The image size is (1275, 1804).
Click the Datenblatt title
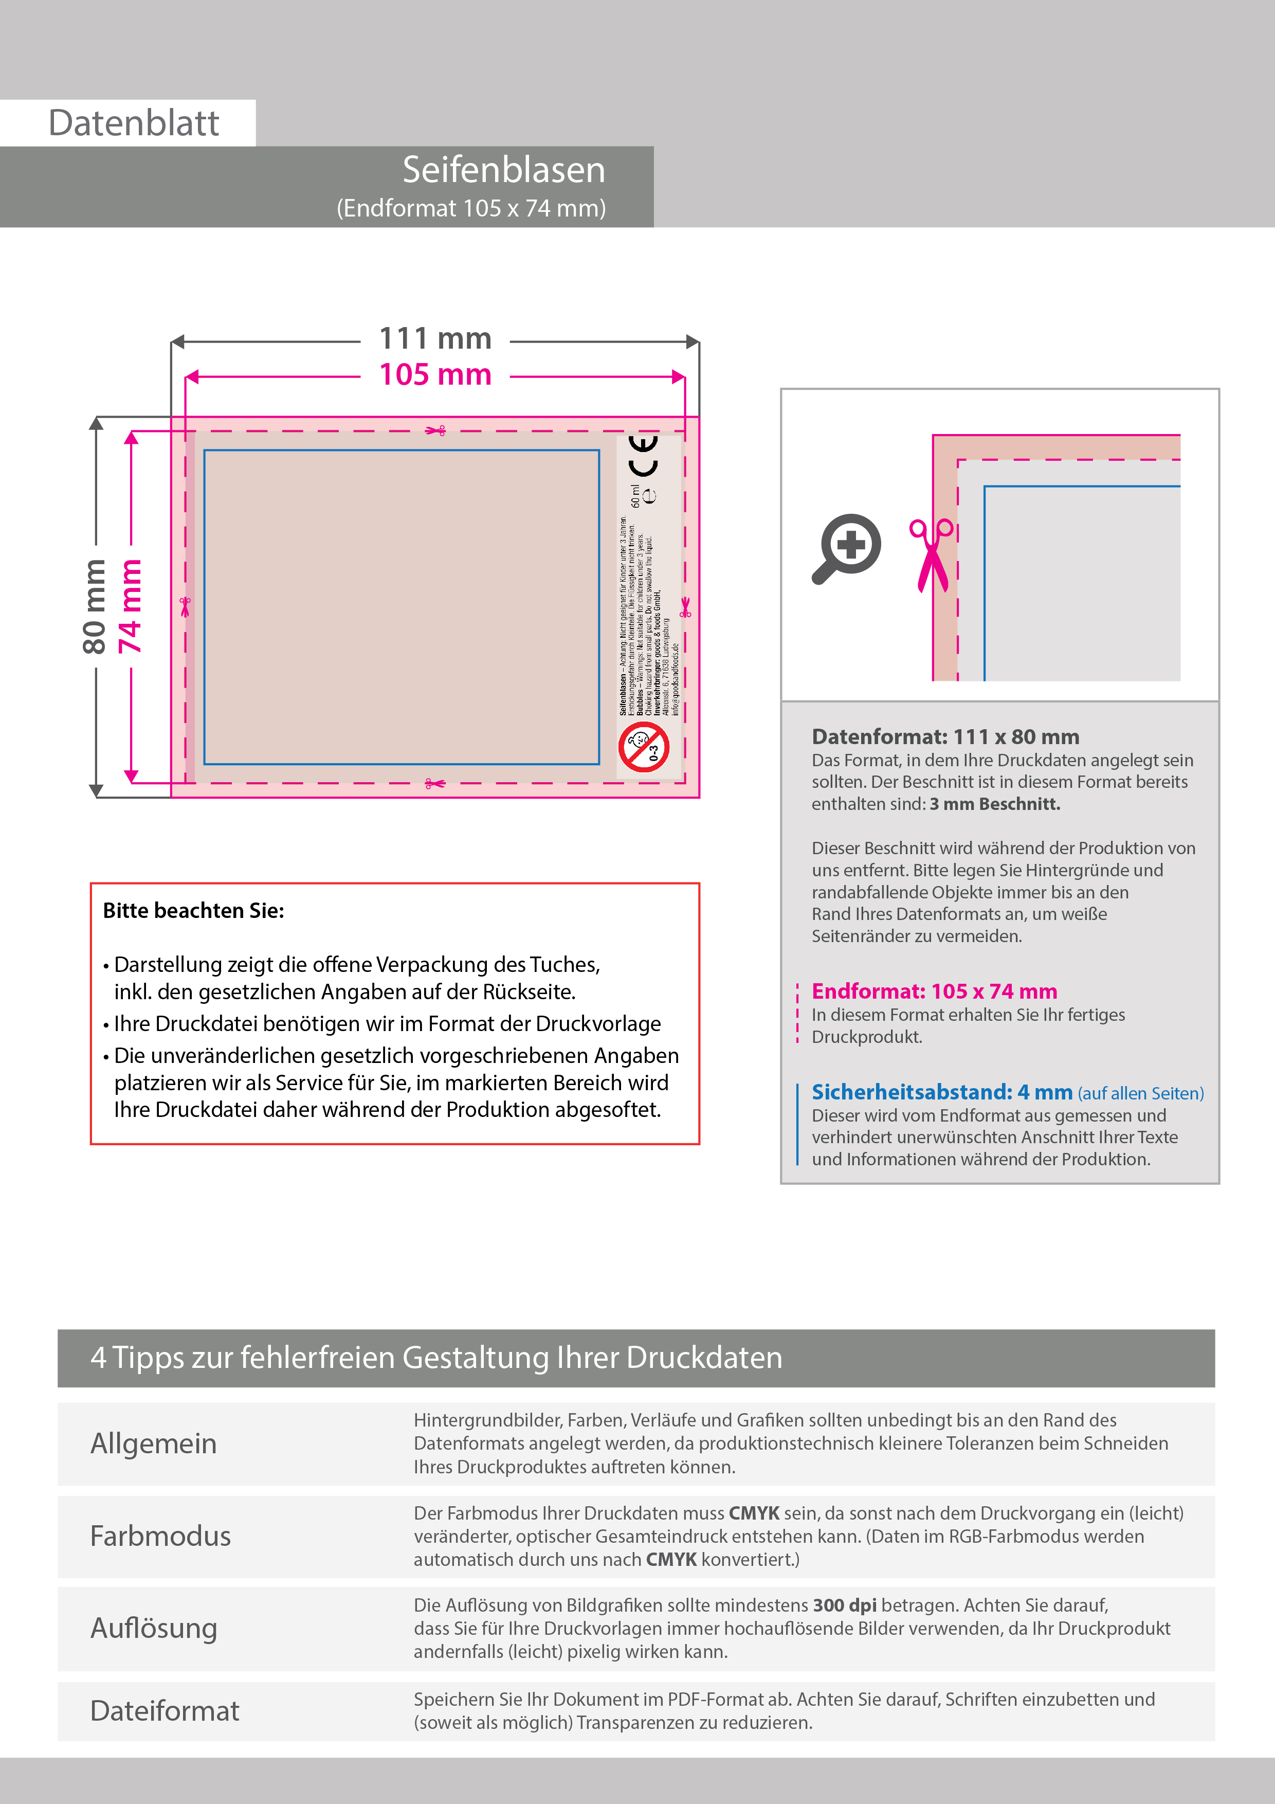pos(134,123)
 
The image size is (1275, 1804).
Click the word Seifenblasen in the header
pos(503,170)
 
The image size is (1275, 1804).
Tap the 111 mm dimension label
pos(435,339)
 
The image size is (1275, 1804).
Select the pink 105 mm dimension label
pos(435,375)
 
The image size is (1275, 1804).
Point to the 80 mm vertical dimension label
pos(94,607)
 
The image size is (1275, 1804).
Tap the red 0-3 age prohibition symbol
pos(643,747)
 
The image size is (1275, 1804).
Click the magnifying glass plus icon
pos(847,548)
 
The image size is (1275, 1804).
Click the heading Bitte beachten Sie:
pos(193,911)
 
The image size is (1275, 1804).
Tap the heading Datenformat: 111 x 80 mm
pos(945,737)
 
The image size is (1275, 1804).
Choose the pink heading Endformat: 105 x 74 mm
pos(934,991)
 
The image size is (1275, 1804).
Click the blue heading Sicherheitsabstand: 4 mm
pos(942,1092)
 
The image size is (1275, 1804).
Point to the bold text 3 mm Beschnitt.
pos(994,804)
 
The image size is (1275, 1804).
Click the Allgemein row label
pos(153,1444)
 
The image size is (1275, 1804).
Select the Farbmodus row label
pos(160,1536)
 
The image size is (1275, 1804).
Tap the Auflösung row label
pos(154,1628)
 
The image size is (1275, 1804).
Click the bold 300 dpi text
pos(845,1605)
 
